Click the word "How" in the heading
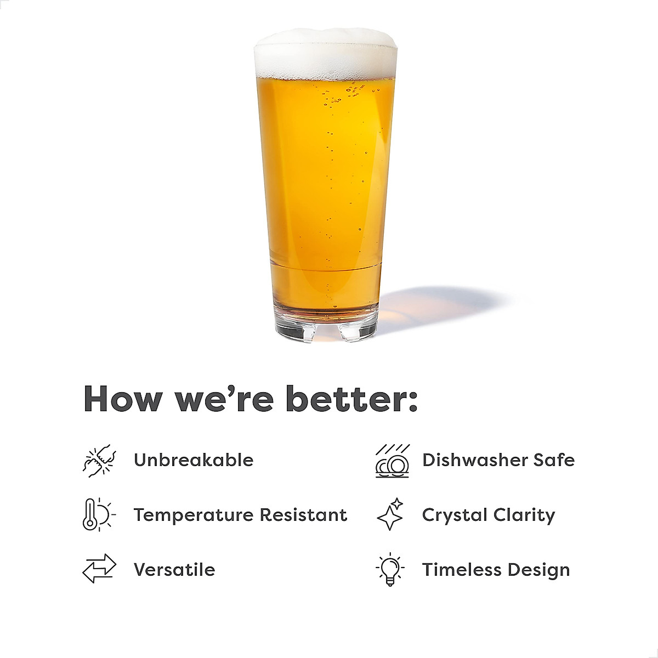[122, 399]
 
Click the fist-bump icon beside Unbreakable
[99, 461]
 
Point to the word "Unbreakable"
[194, 460]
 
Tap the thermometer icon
[98, 514]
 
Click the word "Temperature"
[194, 515]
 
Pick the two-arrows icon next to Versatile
[99, 569]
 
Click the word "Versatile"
[174, 570]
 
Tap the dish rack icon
[393, 461]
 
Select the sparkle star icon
[391, 514]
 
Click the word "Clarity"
[524, 515]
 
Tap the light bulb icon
[390, 569]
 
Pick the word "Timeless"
[462, 570]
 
